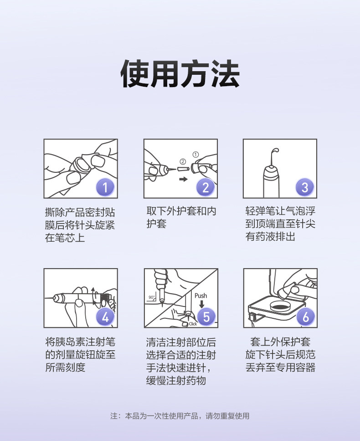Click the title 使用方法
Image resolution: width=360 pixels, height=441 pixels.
click(x=180, y=74)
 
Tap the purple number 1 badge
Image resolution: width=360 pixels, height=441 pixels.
click(x=105, y=187)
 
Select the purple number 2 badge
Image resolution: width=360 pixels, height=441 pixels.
click(x=206, y=187)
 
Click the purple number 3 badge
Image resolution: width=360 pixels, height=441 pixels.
click(x=305, y=187)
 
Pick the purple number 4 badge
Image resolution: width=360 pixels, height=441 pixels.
click(x=105, y=317)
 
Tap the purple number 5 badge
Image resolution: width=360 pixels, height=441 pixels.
click(x=206, y=316)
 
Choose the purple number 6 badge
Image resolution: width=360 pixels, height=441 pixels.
click(x=306, y=316)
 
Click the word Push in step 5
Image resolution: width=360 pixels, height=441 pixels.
click(x=201, y=296)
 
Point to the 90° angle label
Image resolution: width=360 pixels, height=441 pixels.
click(x=152, y=297)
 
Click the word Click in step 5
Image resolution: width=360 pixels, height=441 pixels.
click(x=193, y=324)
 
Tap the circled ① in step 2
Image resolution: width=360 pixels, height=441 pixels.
click(x=195, y=155)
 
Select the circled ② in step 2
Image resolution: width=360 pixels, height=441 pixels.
click(x=183, y=161)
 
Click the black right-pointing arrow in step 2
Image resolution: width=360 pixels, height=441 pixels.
click(x=184, y=179)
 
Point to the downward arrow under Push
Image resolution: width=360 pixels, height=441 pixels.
click(x=201, y=304)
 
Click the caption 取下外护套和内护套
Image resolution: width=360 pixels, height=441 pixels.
click(x=181, y=217)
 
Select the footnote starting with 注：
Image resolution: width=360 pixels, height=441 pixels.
click(x=180, y=416)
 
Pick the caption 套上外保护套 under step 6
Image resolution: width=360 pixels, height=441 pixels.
click(x=280, y=342)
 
